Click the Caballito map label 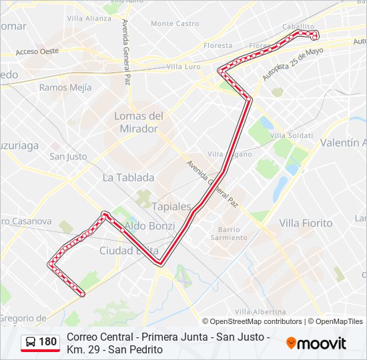coord(298,26)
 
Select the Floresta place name coord(218,46)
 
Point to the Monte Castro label coord(175,23)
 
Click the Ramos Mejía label coord(63,87)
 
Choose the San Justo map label coord(68,157)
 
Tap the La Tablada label coord(128,178)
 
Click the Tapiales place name coord(171,207)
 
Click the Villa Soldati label coord(291,136)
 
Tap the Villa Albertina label coord(260,312)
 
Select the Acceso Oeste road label coord(37,51)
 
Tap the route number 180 coord(48,343)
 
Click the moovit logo coord(316,343)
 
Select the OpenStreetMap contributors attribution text coord(256,321)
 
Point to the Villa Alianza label coord(89,18)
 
